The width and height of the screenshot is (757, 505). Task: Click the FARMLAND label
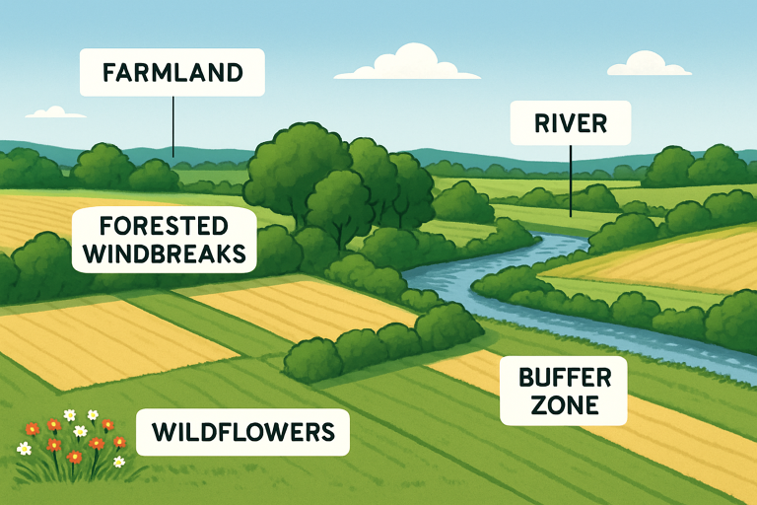point(172,73)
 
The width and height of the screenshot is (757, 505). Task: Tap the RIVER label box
point(570,123)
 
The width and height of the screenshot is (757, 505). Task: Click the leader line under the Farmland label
point(172,123)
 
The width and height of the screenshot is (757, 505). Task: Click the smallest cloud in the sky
point(54,113)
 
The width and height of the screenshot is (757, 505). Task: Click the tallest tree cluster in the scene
point(296,168)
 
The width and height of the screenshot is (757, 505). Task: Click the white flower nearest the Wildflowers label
point(119,461)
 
